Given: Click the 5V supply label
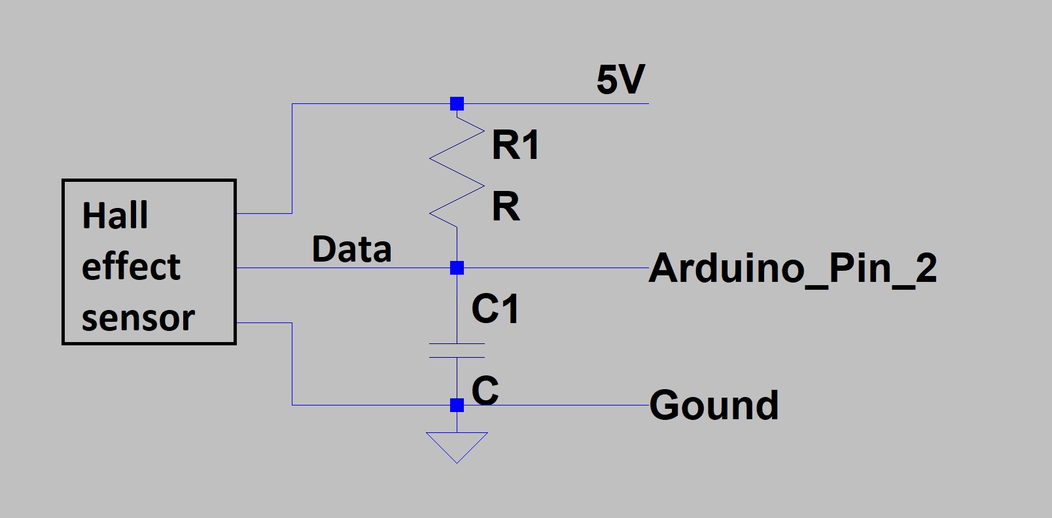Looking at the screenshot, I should (x=620, y=80).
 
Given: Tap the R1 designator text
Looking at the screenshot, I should (x=516, y=145).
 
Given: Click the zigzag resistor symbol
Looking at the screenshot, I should (x=457, y=171).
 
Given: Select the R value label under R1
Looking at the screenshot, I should (x=506, y=207).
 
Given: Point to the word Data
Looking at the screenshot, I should (x=351, y=249).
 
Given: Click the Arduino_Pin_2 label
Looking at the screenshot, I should (x=793, y=268).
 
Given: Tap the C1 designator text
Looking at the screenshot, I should (x=495, y=309).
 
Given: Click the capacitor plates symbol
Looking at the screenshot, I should (x=457, y=351).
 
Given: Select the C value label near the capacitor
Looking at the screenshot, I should (x=485, y=390).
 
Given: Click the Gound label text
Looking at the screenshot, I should (x=714, y=405).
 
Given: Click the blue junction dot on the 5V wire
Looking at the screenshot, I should (x=457, y=103).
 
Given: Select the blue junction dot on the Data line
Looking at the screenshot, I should (x=457, y=268).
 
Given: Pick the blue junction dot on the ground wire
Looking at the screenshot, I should (x=457, y=405).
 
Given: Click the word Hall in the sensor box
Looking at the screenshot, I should (x=115, y=215).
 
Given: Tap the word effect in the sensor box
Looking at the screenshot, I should (x=131, y=267).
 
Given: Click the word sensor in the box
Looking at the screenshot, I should (x=138, y=319).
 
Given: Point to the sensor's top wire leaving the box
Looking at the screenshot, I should (x=264, y=213).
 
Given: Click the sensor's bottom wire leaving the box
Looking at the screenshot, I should (x=264, y=322).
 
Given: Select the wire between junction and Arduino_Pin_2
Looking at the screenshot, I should (x=556, y=268).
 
